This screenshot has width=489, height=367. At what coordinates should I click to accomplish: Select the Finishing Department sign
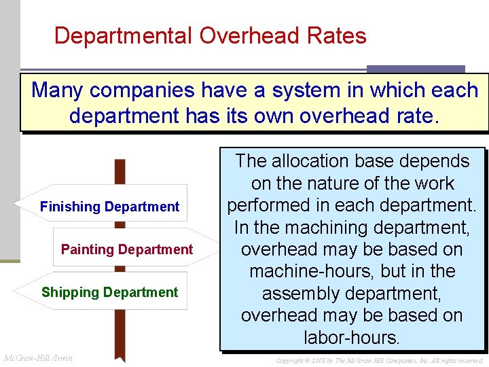(x=109, y=207)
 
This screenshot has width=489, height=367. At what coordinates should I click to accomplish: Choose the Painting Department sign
(x=127, y=249)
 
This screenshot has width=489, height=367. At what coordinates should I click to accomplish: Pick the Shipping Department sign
(x=109, y=292)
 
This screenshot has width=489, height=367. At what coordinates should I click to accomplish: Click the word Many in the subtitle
(x=59, y=90)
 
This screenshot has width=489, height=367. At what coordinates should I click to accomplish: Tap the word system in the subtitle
(x=300, y=90)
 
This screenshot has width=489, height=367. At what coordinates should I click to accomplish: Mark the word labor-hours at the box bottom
(x=351, y=338)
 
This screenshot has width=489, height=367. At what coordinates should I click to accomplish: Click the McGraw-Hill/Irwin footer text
(x=39, y=358)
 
